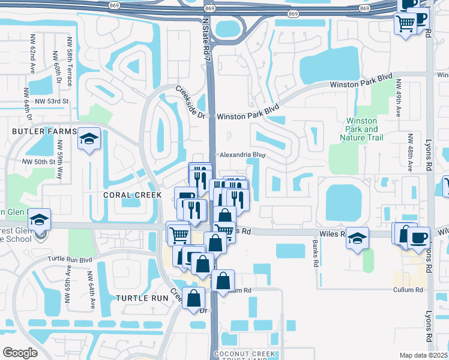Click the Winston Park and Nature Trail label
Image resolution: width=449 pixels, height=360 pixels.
(363, 129)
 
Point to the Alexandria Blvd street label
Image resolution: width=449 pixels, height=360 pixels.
(242, 154)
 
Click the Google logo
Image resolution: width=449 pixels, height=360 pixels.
(20, 353)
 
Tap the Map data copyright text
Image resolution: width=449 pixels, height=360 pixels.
(424, 355)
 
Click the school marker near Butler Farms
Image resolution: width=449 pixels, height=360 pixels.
(89, 140)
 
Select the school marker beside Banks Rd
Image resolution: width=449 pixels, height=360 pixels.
(358, 239)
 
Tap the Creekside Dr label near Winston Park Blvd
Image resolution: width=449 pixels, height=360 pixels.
(191, 101)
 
